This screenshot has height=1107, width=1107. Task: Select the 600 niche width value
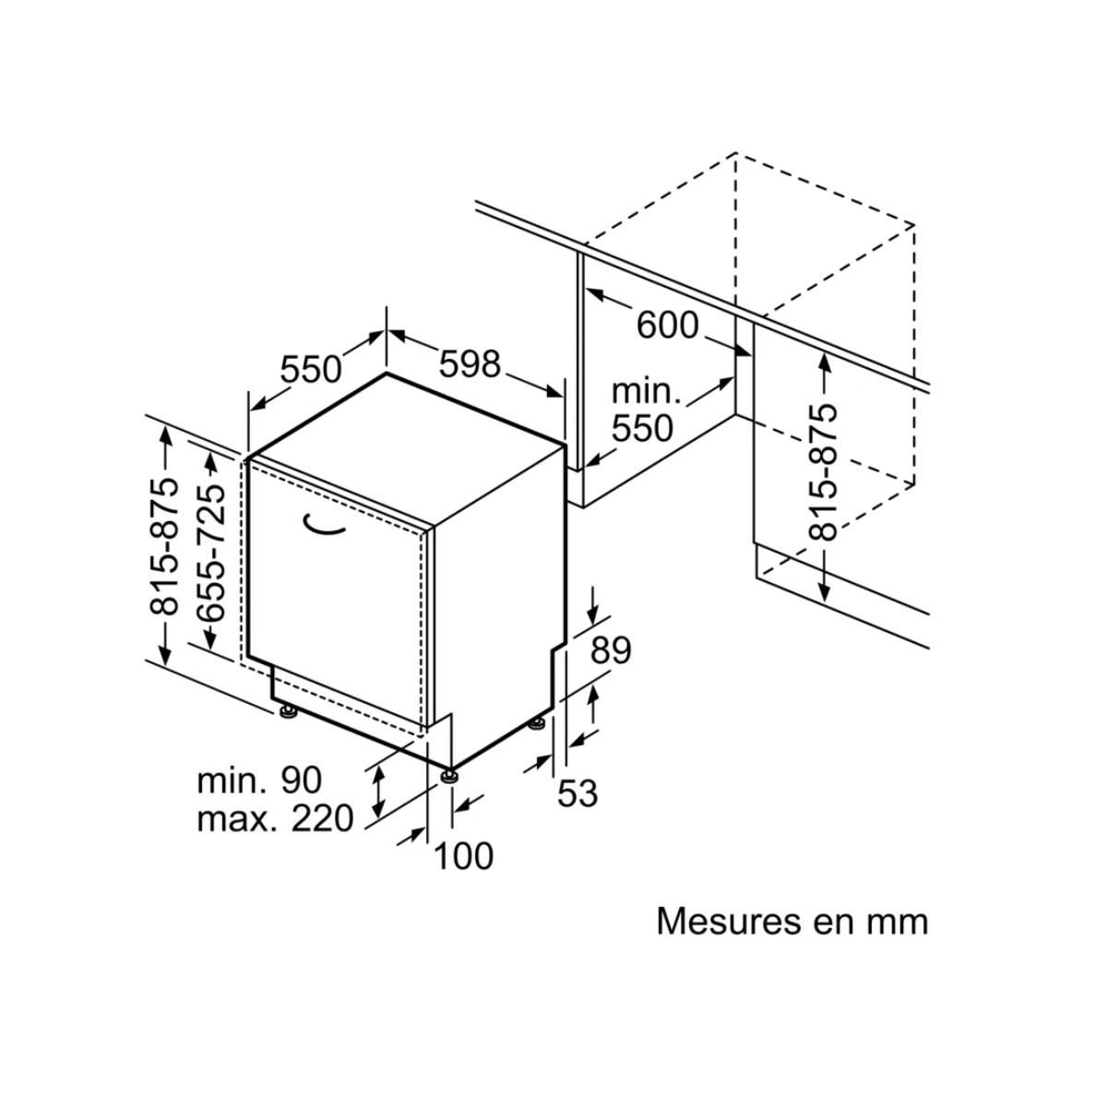pos(668,325)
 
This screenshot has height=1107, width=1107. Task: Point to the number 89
pos(611,651)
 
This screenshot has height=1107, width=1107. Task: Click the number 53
pos(578,793)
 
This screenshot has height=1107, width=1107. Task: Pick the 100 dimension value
pos(463,856)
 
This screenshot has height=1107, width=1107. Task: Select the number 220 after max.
pos(322,818)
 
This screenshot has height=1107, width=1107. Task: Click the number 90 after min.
pos(296,780)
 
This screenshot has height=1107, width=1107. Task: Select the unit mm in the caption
pos(894,922)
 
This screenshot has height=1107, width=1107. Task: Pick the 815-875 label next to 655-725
pos(165,545)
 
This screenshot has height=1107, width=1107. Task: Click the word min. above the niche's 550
pos(646,391)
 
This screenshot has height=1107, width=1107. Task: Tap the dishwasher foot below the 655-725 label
pos(288,710)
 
